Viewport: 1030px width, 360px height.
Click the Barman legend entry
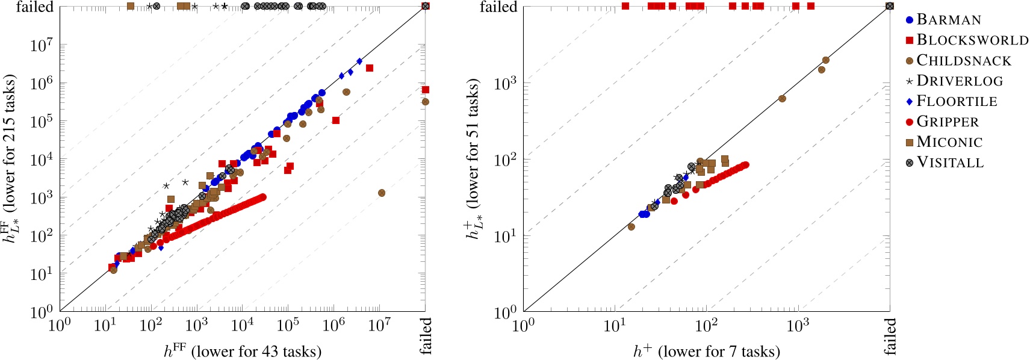point(948,20)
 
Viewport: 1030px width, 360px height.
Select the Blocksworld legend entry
point(972,40)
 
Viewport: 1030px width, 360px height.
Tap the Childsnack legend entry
point(963,61)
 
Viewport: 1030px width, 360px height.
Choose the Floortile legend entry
point(956,101)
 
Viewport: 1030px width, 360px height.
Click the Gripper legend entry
point(947,122)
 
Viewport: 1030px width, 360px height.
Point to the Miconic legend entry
point(949,142)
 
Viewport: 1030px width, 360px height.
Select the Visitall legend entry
point(949,163)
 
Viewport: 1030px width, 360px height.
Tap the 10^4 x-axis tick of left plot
point(242,326)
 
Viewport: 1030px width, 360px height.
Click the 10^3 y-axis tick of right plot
point(505,83)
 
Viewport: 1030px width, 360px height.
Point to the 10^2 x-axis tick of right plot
point(706,326)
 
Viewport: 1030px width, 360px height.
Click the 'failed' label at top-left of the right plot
point(498,7)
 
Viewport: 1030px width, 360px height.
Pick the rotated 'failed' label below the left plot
point(426,336)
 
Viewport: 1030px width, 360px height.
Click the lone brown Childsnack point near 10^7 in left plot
point(381,193)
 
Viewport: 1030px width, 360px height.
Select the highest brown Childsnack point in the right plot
point(825,60)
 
